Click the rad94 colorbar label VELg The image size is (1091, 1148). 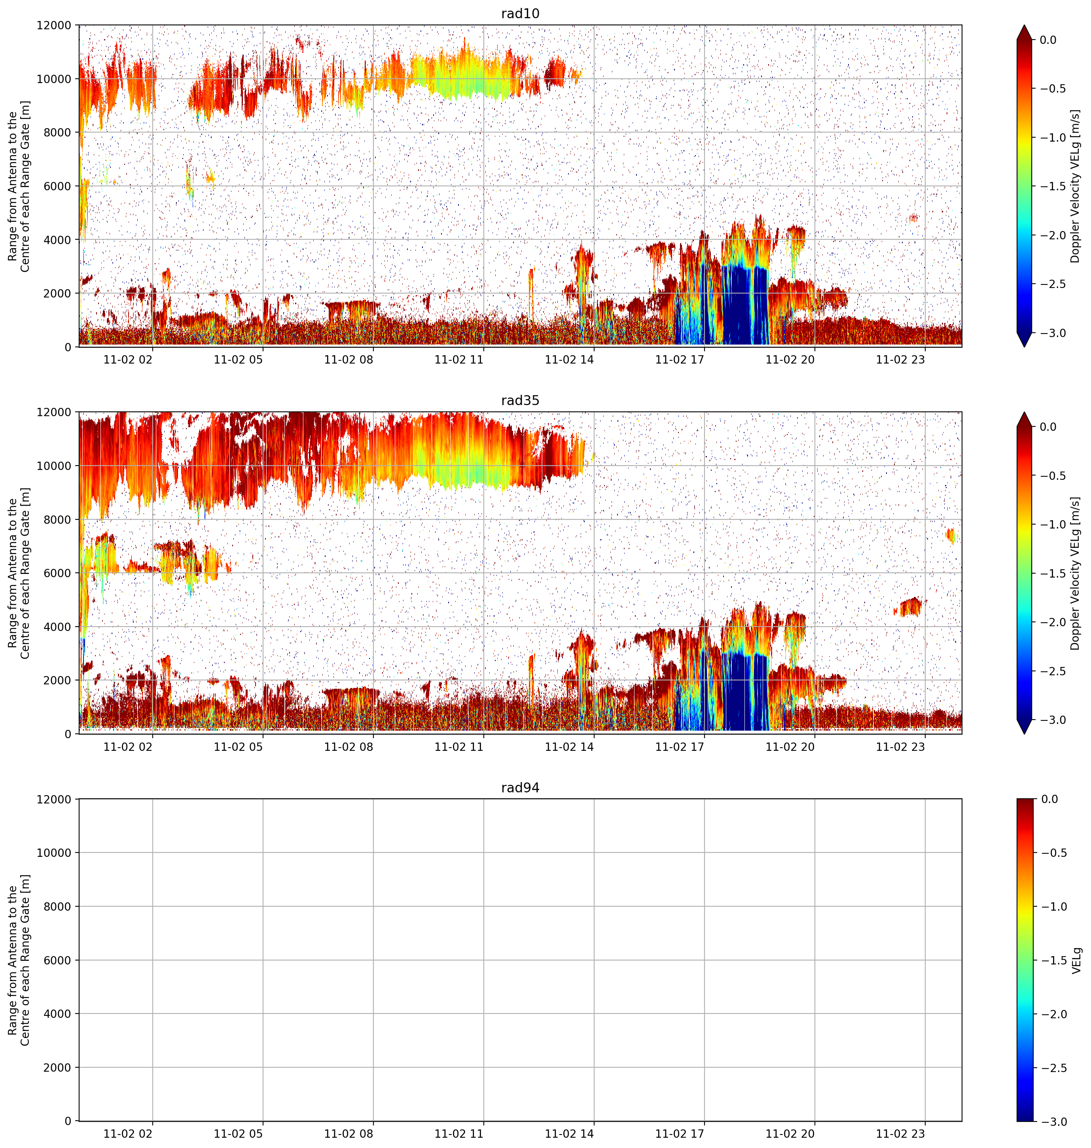(1076, 960)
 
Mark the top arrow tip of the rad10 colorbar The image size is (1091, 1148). (1024, 25)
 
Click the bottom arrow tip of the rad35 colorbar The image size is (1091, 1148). (1024, 734)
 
